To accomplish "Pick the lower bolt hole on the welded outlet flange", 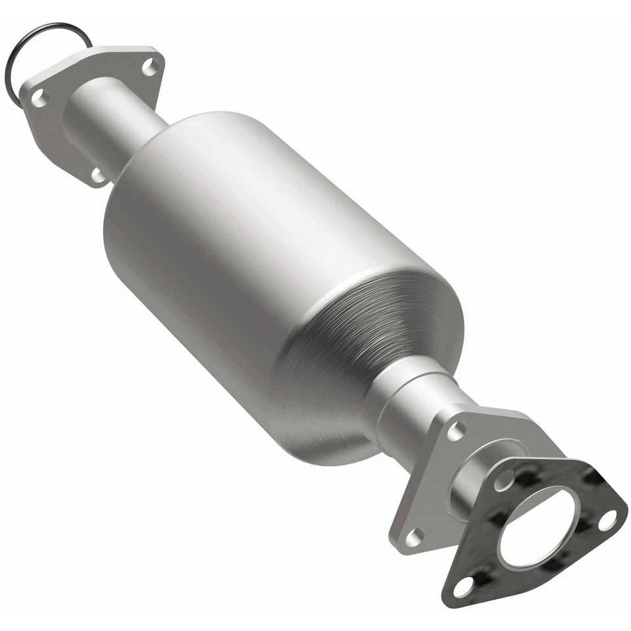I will (412, 536).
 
